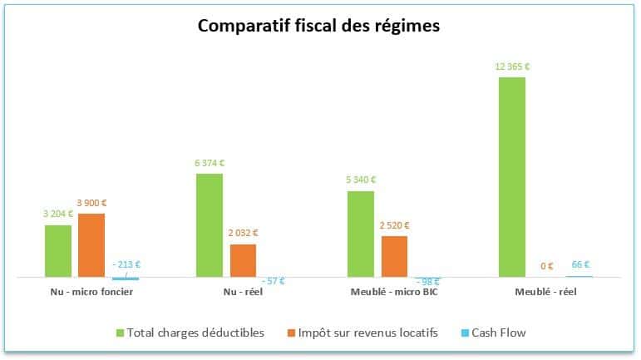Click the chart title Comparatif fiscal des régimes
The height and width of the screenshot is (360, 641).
coord(319,26)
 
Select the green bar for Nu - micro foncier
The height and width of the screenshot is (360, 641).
coord(58,250)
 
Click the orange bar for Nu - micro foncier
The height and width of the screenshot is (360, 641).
coord(91,244)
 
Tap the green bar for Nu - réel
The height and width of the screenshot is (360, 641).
coord(210,224)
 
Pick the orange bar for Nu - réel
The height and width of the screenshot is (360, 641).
coord(243,259)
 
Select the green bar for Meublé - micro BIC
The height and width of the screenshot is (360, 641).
coord(361,234)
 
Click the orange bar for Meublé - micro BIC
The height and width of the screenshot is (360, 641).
coord(394,255)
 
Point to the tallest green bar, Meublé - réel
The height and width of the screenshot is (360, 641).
coord(512,176)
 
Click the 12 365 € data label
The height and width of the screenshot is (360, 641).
coord(512,67)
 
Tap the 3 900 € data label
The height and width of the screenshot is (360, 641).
coord(91,203)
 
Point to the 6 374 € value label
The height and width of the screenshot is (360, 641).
coord(210,163)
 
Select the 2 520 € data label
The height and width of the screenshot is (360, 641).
coord(394,225)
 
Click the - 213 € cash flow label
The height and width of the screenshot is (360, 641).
coord(126,264)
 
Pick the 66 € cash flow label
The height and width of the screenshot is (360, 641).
coord(580,264)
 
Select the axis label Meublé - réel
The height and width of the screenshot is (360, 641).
coord(545,292)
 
